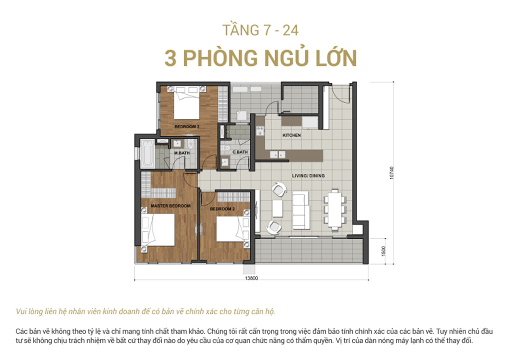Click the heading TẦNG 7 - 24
260,31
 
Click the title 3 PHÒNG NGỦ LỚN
260,58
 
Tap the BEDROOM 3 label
186,127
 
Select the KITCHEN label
291,135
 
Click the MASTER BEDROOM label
171,206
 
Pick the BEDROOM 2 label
222,209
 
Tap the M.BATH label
182,154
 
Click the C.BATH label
240,153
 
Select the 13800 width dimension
252,278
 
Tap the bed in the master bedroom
157,230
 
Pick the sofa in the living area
300,210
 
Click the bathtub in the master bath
147,154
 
